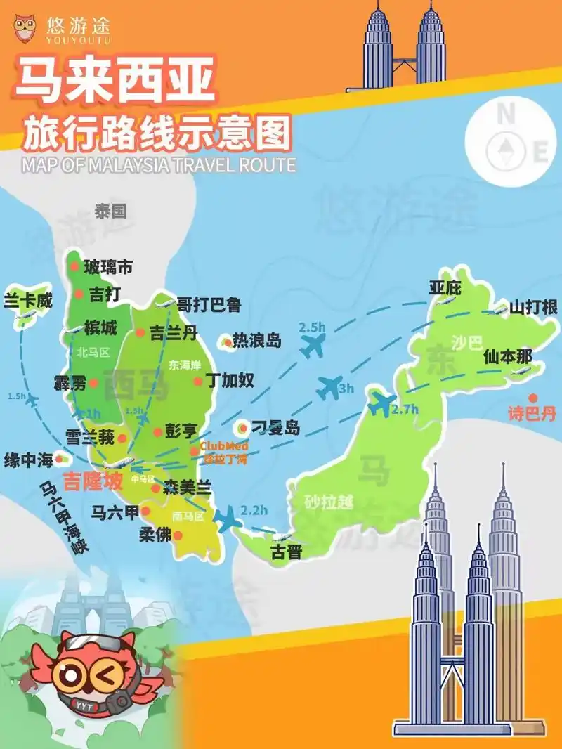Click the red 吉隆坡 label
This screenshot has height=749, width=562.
pos(93,482)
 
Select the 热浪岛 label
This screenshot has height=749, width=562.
pos(256,341)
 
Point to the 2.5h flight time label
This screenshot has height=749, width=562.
pos(312,327)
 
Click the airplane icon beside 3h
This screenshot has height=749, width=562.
pos(329,387)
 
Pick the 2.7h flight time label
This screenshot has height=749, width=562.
pos(405,409)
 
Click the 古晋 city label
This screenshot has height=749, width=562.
pos(287,552)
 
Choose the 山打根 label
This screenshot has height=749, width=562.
pos(533,307)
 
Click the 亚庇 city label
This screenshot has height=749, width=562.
pos(445,287)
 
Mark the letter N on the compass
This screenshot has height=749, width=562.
pos(504,112)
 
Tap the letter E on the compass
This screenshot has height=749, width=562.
pos(540,152)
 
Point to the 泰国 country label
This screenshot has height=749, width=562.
pos(110,211)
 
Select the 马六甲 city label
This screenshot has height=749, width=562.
pos(116,512)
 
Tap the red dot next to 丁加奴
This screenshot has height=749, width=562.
pos(198,381)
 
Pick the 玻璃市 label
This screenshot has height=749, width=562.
pos(108,267)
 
